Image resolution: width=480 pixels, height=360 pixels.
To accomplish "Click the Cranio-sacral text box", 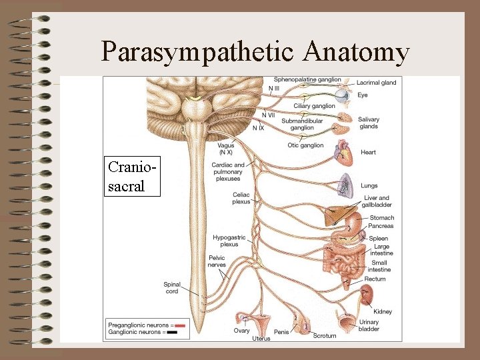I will (x=133, y=177).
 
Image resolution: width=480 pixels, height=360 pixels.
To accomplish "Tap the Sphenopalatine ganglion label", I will (x=307, y=80).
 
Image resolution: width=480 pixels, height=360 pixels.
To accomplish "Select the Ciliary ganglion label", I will (x=314, y=106).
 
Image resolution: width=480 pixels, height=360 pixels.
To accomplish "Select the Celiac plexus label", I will (x=241, y=198).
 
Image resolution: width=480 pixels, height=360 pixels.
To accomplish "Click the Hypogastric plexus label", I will (x=229, y=241).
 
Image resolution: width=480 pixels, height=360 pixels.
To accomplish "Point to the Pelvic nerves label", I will (x=217, y=261).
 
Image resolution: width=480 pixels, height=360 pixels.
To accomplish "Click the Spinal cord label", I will (x=172, y=288).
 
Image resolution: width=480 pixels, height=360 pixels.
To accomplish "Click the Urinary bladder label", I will (x=369, y=325).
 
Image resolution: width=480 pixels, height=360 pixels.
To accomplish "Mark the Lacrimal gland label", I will (x=376, y=83).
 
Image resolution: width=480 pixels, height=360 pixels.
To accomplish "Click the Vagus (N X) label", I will (x=226, y=149).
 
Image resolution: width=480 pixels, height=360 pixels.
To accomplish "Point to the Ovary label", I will (x=241, y=331).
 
